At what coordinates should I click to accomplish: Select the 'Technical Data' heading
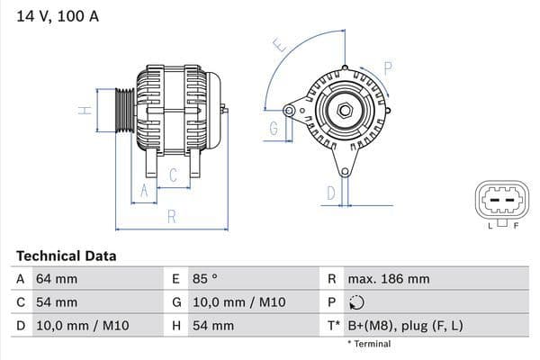point(67,256)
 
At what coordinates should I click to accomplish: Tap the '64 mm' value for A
point(56,279)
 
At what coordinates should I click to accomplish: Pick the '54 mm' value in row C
point(56,302)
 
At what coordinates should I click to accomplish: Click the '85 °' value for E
point(207,279)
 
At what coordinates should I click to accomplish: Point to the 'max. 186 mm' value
point(390,279)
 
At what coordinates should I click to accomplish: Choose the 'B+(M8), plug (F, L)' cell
point(406,325)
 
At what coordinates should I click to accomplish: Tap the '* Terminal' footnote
point(369,344)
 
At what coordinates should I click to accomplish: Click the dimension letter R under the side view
point(171,216)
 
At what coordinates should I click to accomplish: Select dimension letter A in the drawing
point(141,190)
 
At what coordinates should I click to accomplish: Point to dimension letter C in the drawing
point(173,176)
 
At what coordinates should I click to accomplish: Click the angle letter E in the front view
point(279,45)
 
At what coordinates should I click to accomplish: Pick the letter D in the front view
point(331,192)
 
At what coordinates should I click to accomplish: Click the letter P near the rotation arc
point(388,67)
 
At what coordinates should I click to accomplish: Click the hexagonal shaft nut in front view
point(344,111)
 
